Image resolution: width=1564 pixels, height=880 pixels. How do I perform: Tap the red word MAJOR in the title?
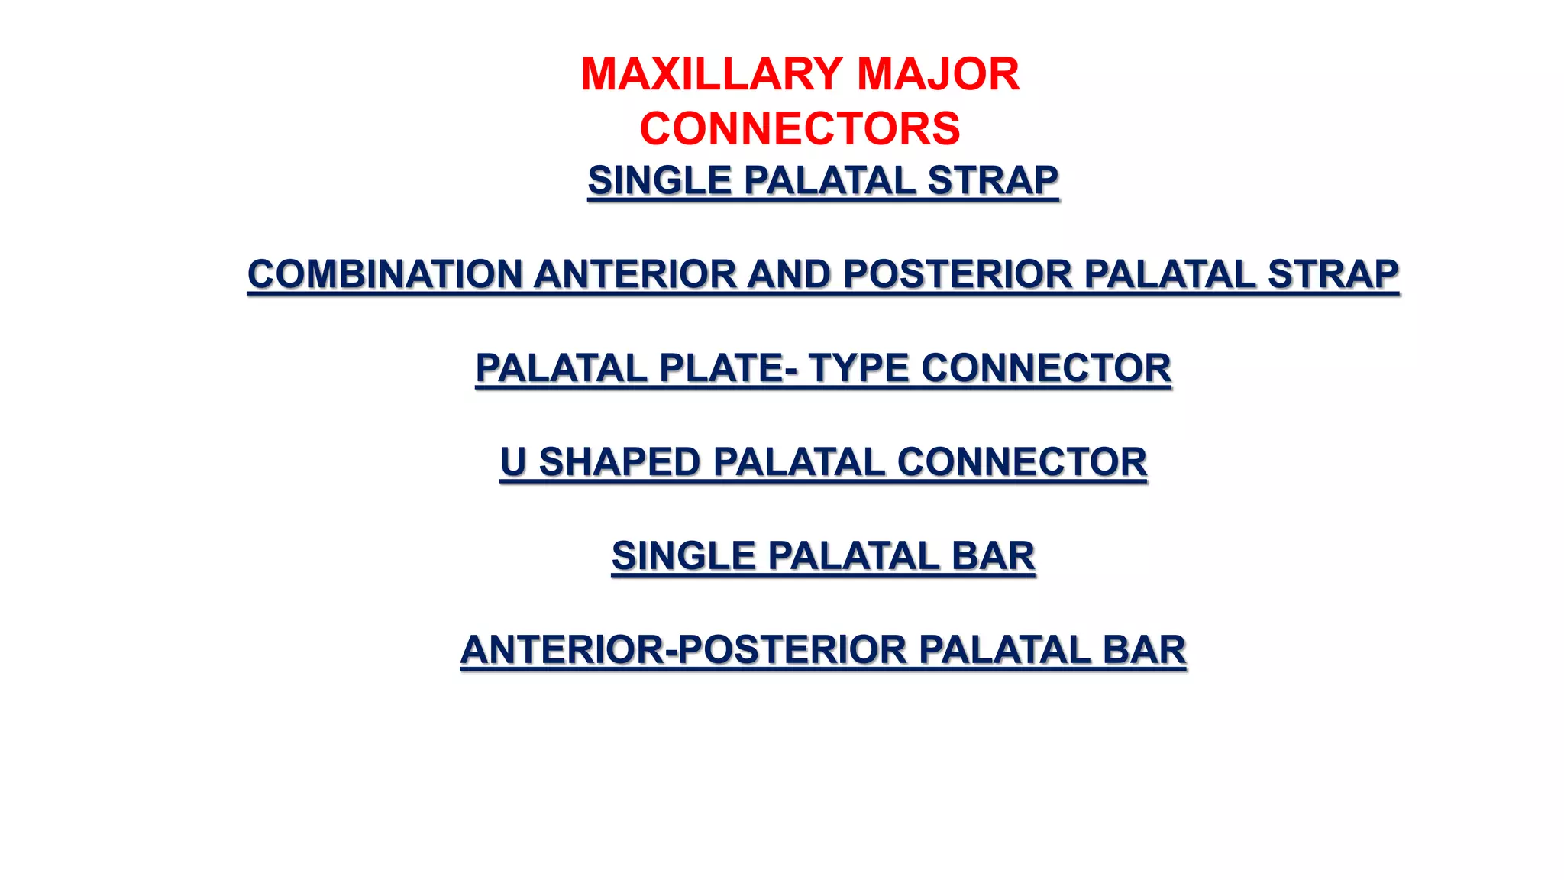(x=938, y=74)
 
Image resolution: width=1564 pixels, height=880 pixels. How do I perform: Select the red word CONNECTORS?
(x=800, y=128)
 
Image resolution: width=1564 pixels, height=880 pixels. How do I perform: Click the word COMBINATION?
(x=384, y=274)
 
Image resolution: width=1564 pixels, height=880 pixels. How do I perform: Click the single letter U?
(x=513, y=462)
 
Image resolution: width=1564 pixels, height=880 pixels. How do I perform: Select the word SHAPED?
(x=619, y=462)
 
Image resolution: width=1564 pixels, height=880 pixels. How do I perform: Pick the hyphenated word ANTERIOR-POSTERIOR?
(x=683, y=650)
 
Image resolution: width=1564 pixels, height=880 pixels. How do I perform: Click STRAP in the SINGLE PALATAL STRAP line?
(x=993, y=180)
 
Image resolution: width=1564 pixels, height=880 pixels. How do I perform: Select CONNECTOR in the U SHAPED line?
(x=1022, y=462)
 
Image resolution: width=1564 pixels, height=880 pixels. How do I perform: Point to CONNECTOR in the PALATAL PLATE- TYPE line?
(x=1045, y=368)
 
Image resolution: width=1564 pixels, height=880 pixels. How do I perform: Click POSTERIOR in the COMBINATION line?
(x=958, y=274)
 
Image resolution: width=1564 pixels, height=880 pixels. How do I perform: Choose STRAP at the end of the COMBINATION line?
(x=1333, y=274)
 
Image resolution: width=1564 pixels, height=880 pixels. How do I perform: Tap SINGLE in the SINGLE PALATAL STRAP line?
(x=660, y=180)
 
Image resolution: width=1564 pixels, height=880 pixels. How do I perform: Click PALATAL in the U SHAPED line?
(x=798, y=462)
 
